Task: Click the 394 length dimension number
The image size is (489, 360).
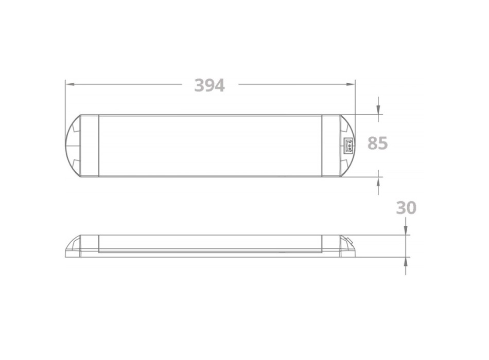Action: coord(209,85)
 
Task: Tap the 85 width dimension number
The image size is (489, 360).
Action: coord(377,143)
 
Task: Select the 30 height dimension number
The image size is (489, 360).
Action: coord(406,208)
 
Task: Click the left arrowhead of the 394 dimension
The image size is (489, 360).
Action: coord(69,83)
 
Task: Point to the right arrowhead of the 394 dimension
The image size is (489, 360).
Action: coord(352,83)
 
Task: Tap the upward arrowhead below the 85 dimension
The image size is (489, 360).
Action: coord(378,180)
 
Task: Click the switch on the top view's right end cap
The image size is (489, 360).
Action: coord(348,146)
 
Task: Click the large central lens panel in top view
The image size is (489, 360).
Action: coord(210,146)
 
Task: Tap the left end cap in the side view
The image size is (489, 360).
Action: coord(80,246)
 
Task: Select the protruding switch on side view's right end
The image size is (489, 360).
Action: coord(348,239)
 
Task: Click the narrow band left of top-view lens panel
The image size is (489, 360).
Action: coord(91,146)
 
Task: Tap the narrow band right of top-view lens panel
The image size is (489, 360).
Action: coord(329,146)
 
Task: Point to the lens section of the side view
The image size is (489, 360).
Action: coord(210,243)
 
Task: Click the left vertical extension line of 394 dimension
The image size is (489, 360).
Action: coord(65,98)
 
